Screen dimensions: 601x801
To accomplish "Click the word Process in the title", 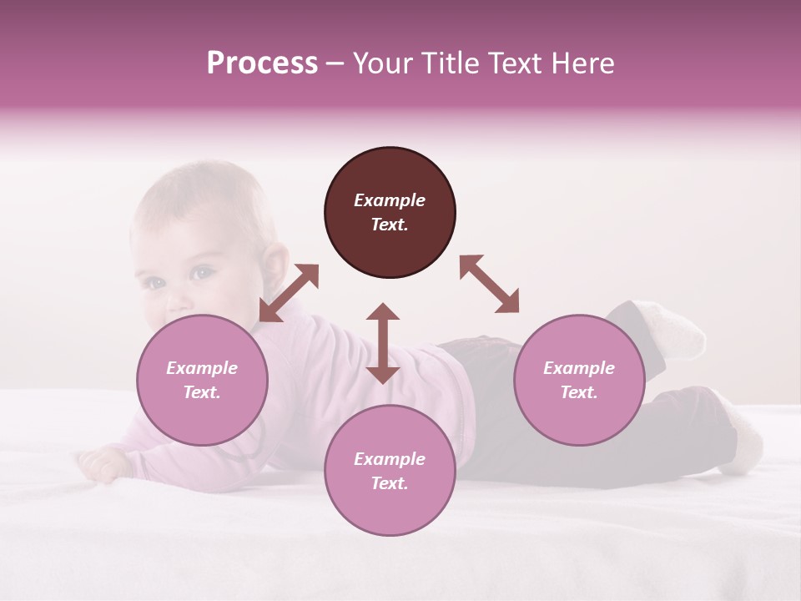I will point(262,63).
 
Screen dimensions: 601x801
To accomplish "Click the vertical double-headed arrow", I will point(383,343).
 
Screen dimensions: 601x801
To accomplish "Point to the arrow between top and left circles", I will point(289,293).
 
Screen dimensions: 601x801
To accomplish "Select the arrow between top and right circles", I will point(489,284).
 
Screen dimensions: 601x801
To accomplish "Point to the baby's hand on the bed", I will point(100,463).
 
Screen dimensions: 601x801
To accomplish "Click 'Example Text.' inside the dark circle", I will point(390,212).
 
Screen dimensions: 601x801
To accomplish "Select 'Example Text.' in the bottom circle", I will point(390,471).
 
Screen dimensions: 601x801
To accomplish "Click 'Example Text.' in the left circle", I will point(202,380).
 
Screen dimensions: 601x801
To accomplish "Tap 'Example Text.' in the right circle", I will point(579,380).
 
